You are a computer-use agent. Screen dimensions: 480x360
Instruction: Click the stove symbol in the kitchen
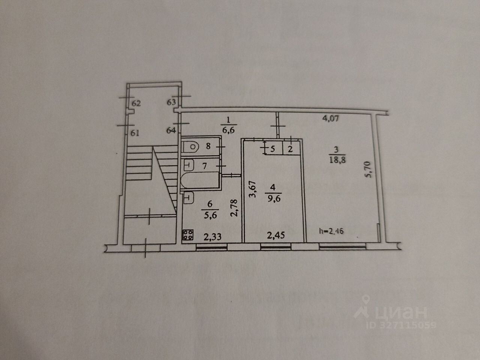[x=188, y=235]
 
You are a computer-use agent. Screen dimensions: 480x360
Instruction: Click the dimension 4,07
[x=331, y=119]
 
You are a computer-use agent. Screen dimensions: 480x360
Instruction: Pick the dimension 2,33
[x=212, y=237]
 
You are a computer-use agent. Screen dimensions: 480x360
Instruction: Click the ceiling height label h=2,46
[x=331, y=231]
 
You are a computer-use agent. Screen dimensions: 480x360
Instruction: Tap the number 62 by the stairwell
[x=136, y=103]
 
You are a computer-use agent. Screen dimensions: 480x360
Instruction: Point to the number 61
[x=135, y=132]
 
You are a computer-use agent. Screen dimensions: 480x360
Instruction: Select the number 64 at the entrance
[x=171, y=130]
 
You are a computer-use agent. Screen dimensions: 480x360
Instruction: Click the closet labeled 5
[x=273, y=149]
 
